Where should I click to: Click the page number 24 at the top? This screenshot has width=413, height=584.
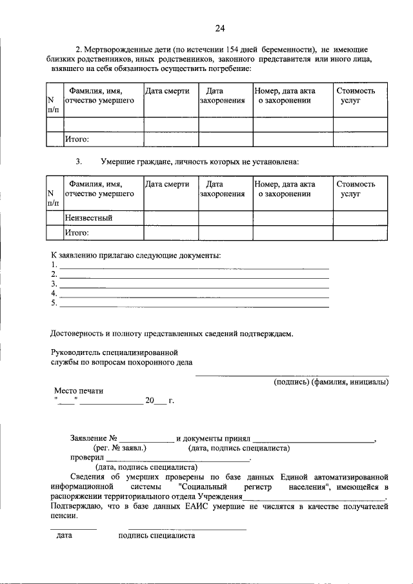[x=219, y=28]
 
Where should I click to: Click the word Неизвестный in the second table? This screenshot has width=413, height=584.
[x=88, y=218]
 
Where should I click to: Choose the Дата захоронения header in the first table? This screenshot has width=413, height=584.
[x=222, y=97]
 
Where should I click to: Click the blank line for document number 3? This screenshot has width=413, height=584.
[x=194, y=285]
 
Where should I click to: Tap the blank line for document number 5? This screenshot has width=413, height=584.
[x=194, y=304]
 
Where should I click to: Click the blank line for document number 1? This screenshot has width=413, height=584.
[x=194, y=265]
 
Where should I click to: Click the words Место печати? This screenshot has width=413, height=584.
[x=78, y=391]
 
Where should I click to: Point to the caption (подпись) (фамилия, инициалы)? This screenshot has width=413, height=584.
[x=330, y=382]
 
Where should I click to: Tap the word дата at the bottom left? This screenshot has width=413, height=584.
[x=64, y=536]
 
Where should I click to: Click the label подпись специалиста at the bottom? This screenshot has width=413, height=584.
[x=156, y=536]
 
